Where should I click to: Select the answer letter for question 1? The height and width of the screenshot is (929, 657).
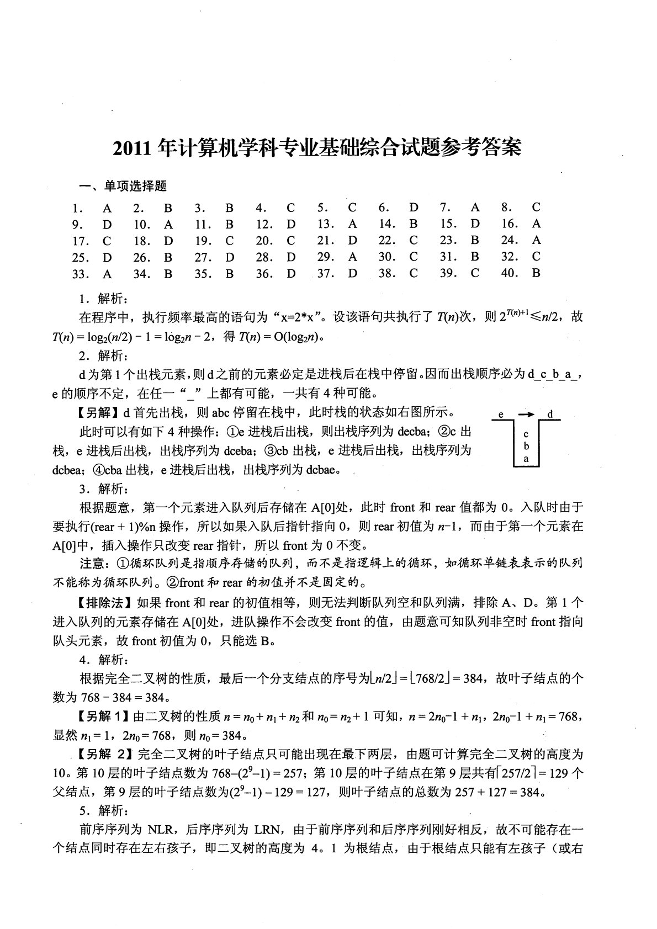coord(107,208)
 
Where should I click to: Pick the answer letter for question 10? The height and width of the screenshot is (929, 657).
coord(168,225)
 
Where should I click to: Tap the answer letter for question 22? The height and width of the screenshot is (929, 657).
coord(414,241)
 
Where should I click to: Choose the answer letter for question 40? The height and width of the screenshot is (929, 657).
coord(536,273)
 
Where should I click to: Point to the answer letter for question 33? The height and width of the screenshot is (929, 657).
coord(107,273)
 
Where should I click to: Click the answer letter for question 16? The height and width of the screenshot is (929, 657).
coord(536,224)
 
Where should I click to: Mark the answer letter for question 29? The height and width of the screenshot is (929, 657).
coord(352,257)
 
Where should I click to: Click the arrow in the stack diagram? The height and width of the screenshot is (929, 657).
coord(527,414)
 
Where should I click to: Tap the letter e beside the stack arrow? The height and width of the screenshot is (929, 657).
coord(500,414)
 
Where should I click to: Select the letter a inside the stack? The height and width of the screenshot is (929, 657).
coord(526,458)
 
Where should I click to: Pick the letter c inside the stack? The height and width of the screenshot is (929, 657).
coord(526,434)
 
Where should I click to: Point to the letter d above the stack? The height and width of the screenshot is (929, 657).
coord(550,414)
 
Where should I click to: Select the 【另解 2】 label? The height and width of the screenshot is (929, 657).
coord(105,754)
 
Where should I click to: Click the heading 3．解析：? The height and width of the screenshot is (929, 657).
coord(104,489)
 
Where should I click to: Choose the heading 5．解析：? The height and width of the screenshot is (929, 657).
coord(104,811)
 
